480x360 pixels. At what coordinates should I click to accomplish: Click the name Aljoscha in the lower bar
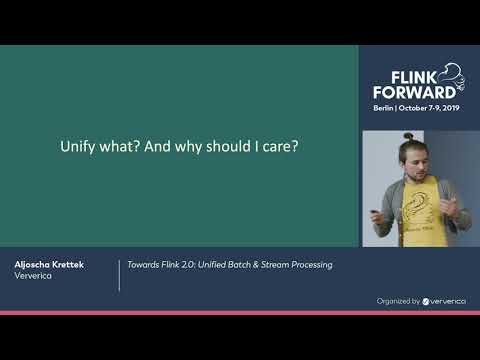pos(32,264)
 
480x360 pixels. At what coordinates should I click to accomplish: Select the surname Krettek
pos(68,264)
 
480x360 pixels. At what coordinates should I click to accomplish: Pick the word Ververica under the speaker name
pos(34,277)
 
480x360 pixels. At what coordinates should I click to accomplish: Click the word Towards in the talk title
pos(141,265)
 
